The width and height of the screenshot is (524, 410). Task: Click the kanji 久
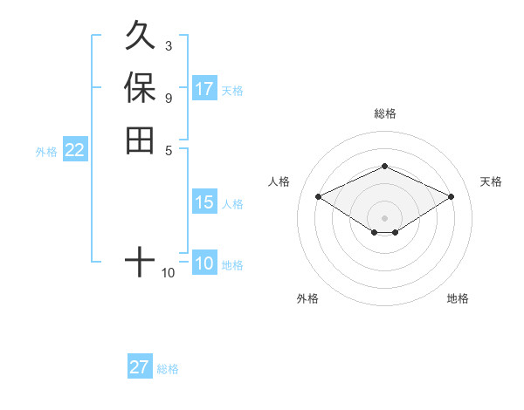(x=140, y=38)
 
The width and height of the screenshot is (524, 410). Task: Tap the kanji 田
(x=140, y=140)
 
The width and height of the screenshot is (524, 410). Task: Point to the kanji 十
(x=140, y=260)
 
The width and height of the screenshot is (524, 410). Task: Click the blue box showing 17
(x=204, y=89)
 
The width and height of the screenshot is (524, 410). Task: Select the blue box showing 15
(x=204, y=202)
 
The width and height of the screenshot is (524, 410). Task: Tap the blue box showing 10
(x=204, y=263)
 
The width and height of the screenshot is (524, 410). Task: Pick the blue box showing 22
(x=75, y=150)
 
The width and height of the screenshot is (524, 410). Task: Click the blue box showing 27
(x=140, y=367)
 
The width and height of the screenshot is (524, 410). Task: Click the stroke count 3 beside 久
(x=168, y=45)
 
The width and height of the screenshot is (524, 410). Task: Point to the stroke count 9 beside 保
(x=168, y=98)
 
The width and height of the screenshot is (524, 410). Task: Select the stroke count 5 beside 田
(x=168, y=149)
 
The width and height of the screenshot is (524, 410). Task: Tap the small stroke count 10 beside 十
(x=168, y=273)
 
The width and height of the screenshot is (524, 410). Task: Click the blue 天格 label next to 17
(x=232, y=91)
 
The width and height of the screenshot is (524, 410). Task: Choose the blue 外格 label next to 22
(x=46, y=152)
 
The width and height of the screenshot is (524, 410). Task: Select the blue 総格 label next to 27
(x=168, y=369)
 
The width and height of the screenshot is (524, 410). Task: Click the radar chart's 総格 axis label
(x=384, y=113)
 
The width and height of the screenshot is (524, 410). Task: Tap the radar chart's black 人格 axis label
(x=279, y=181)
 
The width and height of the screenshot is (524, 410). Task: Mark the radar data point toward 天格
(x=451, y=196)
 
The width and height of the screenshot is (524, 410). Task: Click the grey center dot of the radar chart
(x=384, y=217)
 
